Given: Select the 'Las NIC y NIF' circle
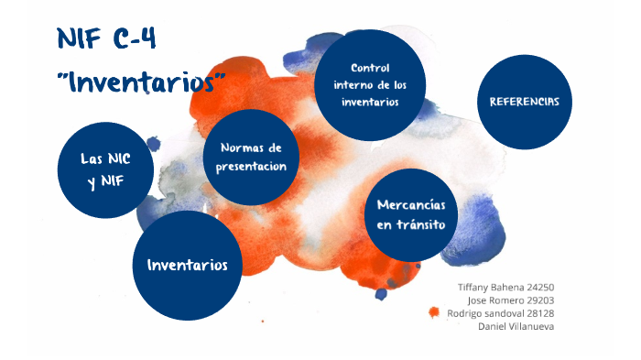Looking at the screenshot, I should click(105, 170).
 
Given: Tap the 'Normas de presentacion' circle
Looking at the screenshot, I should click(253, 157).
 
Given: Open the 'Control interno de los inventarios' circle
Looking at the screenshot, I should click(370, 85).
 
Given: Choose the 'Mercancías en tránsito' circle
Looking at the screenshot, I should click(411, 215).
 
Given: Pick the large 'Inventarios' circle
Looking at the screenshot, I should click(187, 265).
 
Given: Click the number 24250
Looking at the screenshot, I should click(539, 287).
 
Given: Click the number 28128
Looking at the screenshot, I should click(539, 312).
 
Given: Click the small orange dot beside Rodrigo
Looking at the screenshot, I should click(434, 312).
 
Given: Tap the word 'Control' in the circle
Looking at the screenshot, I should click(370, 68).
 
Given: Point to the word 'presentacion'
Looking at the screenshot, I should click(253, 166).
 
